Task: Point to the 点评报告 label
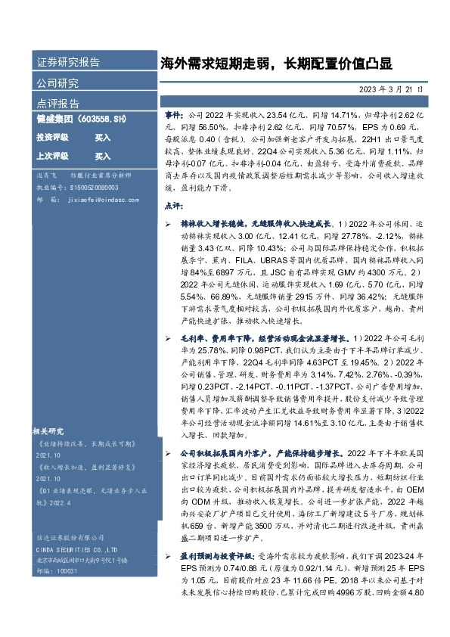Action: pos(57,104)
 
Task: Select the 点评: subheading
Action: pos(173,204)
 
